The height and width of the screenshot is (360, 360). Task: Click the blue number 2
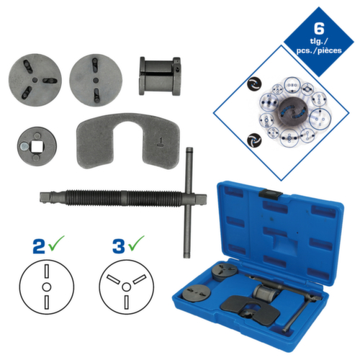click(x=40, y=244)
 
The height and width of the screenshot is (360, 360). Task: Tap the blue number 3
click(x=117, y=244)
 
